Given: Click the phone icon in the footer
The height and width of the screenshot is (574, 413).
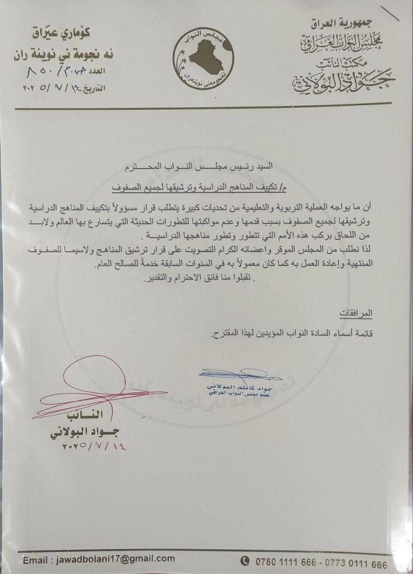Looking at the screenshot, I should [245, 561].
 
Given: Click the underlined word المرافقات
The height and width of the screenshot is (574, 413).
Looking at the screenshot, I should [356, 312].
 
